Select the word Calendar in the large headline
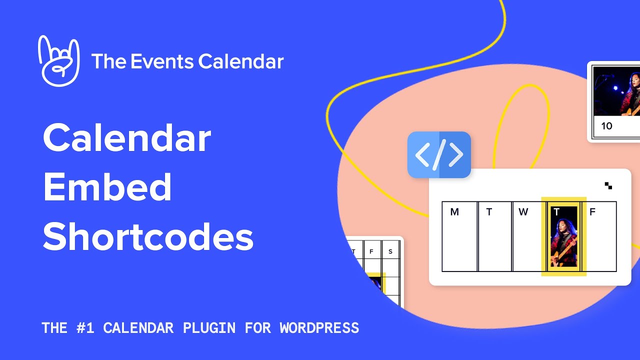pos(127,138)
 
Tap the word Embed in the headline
pos(107,187)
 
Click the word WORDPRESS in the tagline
pos(319,328)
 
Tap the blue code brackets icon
pos(439,155)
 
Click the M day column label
pos(454,212)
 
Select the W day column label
pos(523,212)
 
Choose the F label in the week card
pos(592,212)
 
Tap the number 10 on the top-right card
pos(606,126)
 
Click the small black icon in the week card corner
pos(608,186)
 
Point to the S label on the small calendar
pos(390,251)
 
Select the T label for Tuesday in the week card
pos(489,212)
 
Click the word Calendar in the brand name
pos(241,61)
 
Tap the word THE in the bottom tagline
pos(54,328)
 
